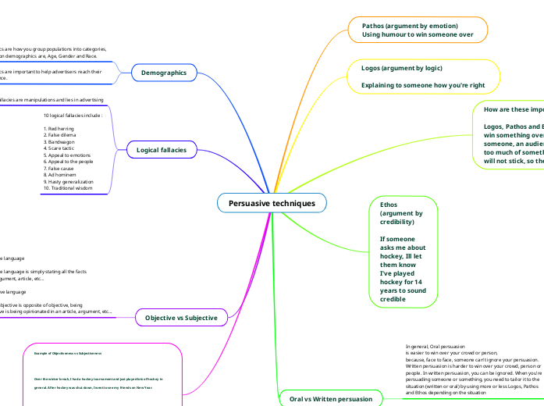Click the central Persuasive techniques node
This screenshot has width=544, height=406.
pyautogui.click(x=272, y=203)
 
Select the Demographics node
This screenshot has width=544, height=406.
pyautogui.click(x=163, y=73)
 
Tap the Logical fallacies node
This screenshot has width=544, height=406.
pyautogui.click(x=162, y=149)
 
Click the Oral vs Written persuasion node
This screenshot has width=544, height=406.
pyautogui.click(x=331, y=398)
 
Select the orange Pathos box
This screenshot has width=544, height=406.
pyautogui.click(x=418, y=30)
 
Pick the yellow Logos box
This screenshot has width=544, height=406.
pyautogui.click(x=422, y=77)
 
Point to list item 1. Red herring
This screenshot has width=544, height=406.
pyautogui.click(x=61, y=128)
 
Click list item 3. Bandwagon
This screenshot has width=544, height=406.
pyautogui.click(x=60, y=141)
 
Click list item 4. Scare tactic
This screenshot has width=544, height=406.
pyautogui.click(x=61, y=148)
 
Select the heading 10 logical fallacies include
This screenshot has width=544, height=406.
pyautogui.click(x=73, y=116)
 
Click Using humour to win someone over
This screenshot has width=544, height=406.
pyautogui.click(x=418, y=35)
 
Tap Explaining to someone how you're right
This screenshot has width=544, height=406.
pyautogui.click(x=423, y=85)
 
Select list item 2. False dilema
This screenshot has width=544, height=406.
pyautogui.click(x=61, y=134)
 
